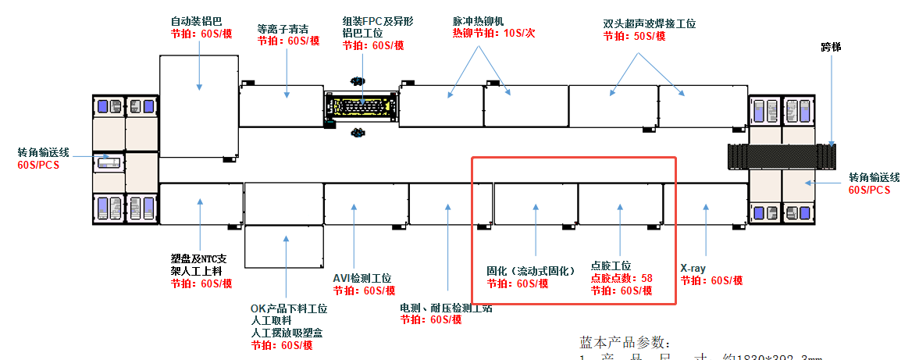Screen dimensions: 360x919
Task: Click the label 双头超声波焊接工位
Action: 649,24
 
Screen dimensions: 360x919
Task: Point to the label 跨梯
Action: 830,47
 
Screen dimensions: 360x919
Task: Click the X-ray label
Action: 693,269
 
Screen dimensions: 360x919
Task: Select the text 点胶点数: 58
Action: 622,278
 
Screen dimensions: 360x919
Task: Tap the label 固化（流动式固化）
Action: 529,271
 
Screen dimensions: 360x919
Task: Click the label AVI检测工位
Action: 362,278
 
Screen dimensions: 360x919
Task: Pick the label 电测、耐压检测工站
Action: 446,308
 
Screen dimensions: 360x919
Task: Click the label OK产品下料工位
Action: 289,309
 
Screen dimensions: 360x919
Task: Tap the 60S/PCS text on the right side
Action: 869,190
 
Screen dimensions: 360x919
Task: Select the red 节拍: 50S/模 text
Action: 634,36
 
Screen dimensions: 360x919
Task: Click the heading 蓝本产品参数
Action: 625,343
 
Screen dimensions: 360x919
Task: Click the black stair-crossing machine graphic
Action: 781,156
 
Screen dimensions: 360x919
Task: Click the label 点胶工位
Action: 611,266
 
